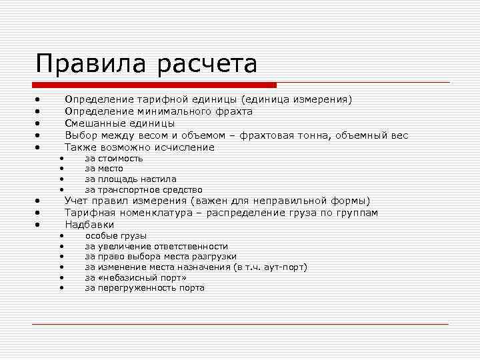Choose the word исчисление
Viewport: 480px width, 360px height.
pyautogui.click(x=184, y=147)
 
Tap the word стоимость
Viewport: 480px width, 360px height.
pyautogui.click(x=120, y=159)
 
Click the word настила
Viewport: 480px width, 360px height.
pyautogui.click(x=159, y=179)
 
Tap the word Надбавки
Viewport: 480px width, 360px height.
pyautogui.click(x=89, y=225)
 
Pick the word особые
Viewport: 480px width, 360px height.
pyautogui.click(x=101, y=236)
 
